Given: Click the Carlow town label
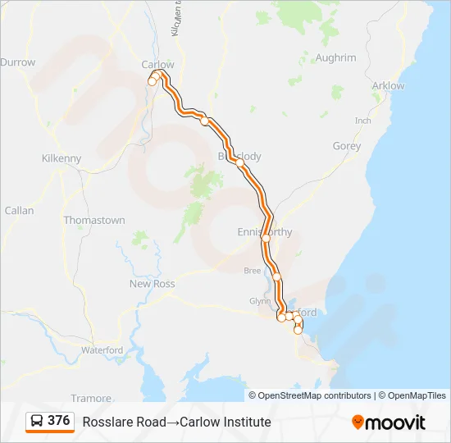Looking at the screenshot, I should tap(158, 65).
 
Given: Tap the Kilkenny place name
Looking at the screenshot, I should tap(61, 158).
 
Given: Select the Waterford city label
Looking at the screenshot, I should tap(102, 350).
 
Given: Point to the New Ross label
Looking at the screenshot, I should tap(153, 284).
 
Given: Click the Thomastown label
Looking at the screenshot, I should tap(94, 221).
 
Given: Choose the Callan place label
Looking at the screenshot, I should tap(20, 211).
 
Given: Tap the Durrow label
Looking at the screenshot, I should tap(18, 62).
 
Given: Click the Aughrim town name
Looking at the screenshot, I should tap(335, 58).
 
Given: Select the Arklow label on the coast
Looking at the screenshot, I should tap(388, 86).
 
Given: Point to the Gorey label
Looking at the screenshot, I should tap(346, 146).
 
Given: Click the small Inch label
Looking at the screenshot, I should tap(362, 121).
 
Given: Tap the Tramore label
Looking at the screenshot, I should tap(91, 398).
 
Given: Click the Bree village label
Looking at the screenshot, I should tap(253, 270).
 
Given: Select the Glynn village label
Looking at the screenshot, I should tap(260, 301).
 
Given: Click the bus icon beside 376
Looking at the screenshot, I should tap(37, 422).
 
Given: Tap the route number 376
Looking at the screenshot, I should tap(59, 421).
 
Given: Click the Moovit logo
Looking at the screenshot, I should tap(389, 422).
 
